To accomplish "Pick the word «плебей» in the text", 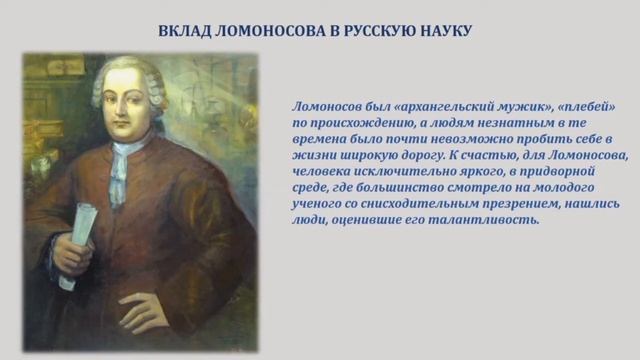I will pyautogui.click(x=584, y=106).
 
